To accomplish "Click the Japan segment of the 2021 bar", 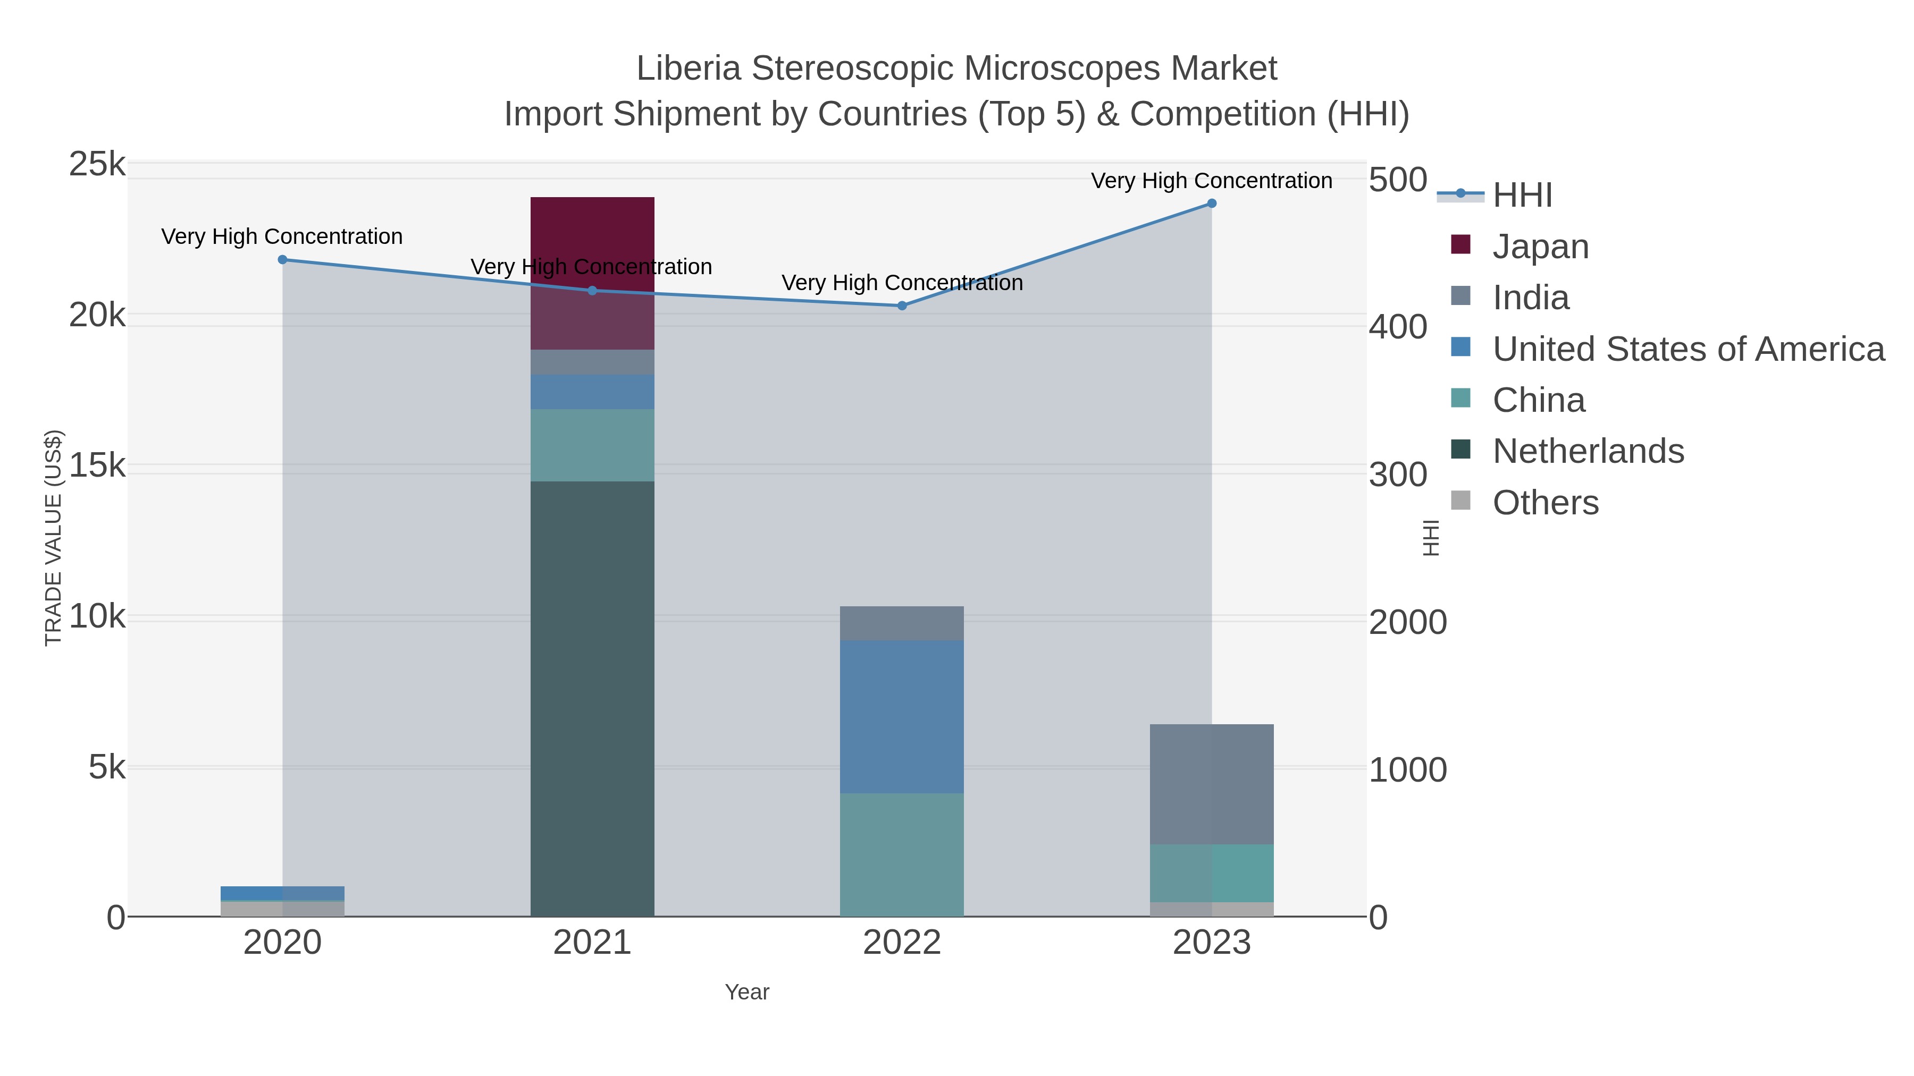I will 592,273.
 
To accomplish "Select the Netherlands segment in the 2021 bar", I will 592,698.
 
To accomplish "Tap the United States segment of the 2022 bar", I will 901,717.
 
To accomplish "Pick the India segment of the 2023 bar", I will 1211,783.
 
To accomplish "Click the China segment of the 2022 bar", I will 901,854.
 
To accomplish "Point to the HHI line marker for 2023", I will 1211,204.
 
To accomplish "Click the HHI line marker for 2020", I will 282,260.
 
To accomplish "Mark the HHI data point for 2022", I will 901,306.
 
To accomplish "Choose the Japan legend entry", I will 1540,247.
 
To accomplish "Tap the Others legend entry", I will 1546,503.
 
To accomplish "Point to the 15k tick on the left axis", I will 97,467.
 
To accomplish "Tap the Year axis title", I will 747,992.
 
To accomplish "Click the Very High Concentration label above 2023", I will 1211,181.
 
